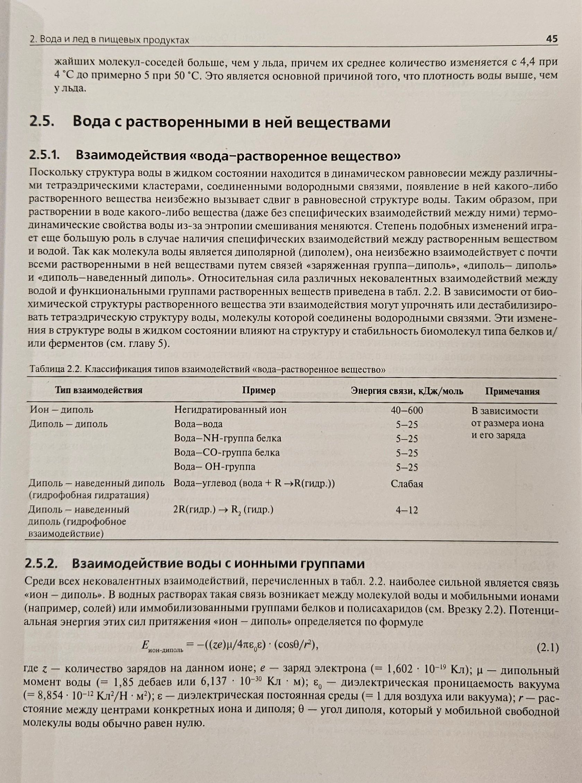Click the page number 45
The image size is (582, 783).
pyautogui.click(x=552, y=39)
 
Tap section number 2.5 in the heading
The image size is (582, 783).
pyautogui.click(x=42, y=122)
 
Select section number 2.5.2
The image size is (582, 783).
pyautogui.click(x=41, y=563)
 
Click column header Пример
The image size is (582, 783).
pyautogui.click(x=259, y=390)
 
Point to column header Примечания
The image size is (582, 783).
pyautogui.click(x=512, y=391)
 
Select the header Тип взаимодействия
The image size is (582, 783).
pyautogui.click(x=98, y=390)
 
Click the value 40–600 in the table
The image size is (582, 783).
pyautogui.click(x=407, y=410)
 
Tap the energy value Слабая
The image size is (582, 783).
pyautogui.click(x=407, y=484)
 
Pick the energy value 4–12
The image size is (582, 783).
pyautogui.click(x=407, y=510)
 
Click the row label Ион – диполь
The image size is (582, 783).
pyautogui.click(x=61, y=410)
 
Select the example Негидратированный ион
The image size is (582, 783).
pyautogui.click(x=231, y=410)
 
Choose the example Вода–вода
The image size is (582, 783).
pyautogui.click(x=198, y=424)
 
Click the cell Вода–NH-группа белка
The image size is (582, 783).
pyautogui.click(x=228, y=438)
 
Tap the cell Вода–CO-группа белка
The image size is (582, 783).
pyautogui.click(x=227, y=453)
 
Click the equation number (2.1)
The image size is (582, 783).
pyautogui.click(x=547, y=648)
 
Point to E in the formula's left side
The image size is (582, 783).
pyautogui.click(x=145, y=645)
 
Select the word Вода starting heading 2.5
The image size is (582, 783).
pyautogui.click(x=92, y=122)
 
